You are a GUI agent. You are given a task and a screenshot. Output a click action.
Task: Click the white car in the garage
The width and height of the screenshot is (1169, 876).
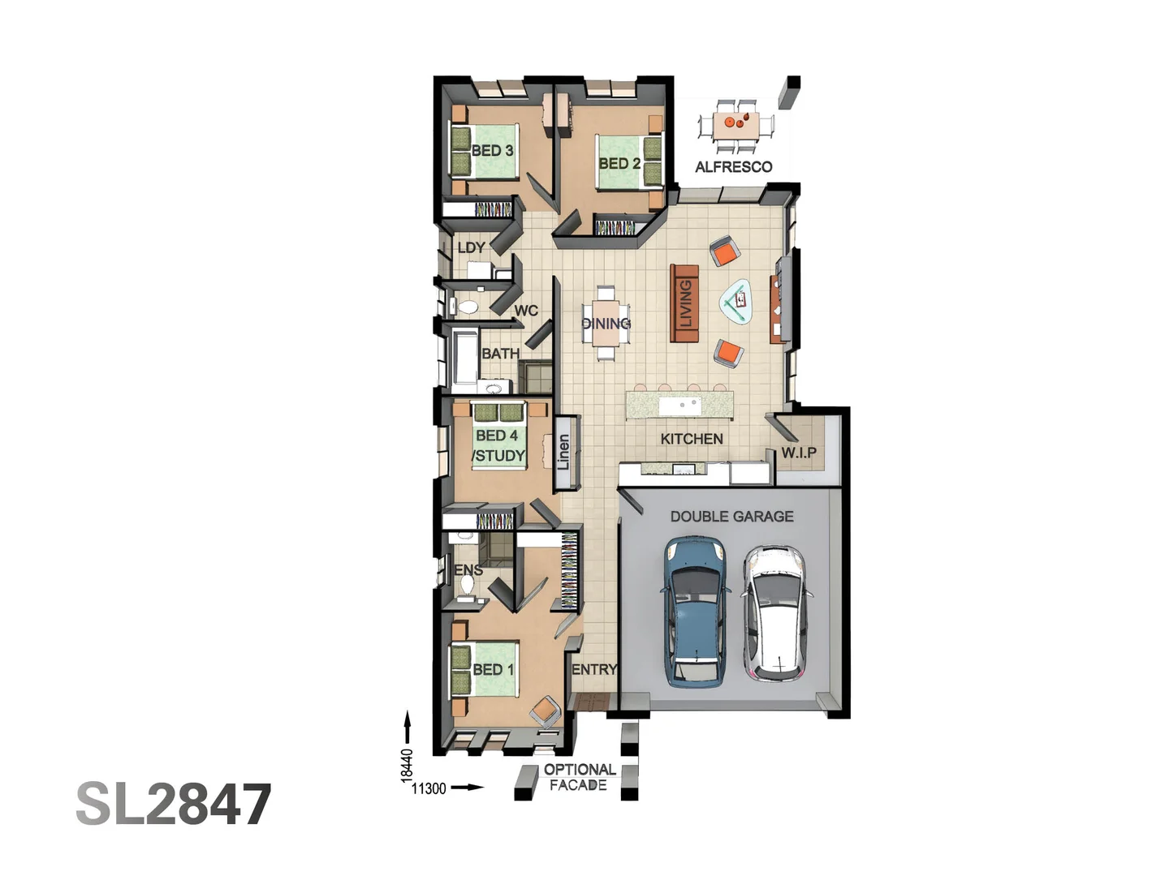[x=773, y=612]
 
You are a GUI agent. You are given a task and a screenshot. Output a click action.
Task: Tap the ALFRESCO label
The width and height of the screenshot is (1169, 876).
[x=733, y=167]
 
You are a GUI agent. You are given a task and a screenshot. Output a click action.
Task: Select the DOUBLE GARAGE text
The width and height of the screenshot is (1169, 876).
[x=731, y=516]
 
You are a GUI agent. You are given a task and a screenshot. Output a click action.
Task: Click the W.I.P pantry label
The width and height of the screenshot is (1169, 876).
[x=799, y=453]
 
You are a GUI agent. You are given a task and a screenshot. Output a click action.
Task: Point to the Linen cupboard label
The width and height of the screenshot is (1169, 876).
[x=564, y=453]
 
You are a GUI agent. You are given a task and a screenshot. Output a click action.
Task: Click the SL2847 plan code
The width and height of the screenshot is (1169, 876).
[x=174, y=805]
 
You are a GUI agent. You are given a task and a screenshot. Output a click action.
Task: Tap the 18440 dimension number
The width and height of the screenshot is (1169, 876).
[x=408, y=764]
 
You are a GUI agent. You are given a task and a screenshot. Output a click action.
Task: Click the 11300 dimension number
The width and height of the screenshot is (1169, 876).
[x=429, y=788]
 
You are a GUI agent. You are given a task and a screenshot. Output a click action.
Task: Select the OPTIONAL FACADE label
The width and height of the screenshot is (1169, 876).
[x=579, y=777]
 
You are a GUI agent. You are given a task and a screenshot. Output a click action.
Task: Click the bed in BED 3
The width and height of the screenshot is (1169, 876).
[x=485, y=151]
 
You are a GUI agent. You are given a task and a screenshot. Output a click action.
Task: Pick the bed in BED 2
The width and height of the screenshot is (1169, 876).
[x=628, y=161]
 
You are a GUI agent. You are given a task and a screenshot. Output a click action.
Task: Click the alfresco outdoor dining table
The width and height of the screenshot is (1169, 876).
[x=736, y=126]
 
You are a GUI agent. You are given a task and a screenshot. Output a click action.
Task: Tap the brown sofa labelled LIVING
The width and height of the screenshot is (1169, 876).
[x=684, y=303]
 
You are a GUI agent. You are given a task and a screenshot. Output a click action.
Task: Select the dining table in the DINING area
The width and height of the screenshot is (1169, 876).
[x=606, y=323]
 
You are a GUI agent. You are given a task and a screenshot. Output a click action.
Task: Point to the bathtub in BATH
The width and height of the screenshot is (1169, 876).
[x=465, y=357]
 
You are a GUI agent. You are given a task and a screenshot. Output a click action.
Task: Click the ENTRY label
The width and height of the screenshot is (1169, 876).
[x=593, y=669]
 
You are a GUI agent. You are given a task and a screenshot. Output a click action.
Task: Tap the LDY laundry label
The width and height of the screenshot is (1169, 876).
[x=471, y=247]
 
